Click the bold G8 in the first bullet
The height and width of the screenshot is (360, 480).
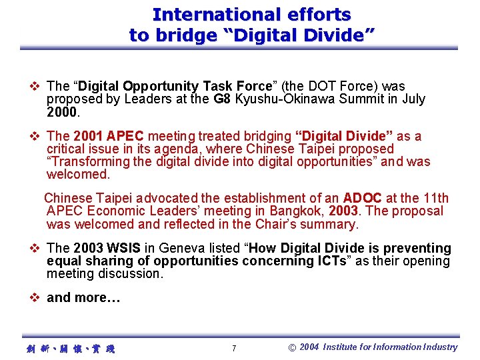pos(222,99)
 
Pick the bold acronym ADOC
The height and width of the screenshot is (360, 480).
pos(362,198)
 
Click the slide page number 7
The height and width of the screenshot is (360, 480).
pos(233,348)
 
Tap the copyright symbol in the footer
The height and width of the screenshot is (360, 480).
pos(291,347)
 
